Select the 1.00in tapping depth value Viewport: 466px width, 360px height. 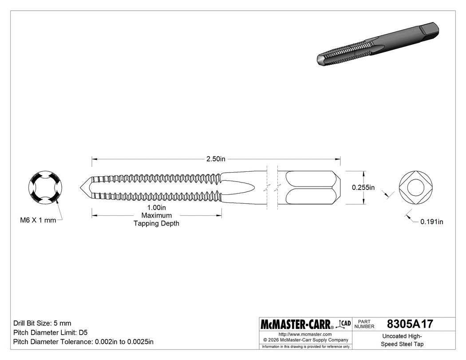[x=157, y=208]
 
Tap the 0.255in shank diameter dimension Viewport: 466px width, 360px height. [x=363, y=187]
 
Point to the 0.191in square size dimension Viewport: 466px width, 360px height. [x=431, y=222]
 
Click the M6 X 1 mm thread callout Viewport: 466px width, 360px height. [x=38, y=220]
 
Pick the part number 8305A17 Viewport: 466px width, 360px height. [x=410, y=324]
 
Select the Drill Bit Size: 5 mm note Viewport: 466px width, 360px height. [x=42, y=323]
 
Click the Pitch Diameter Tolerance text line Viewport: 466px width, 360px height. [x=83, y=342]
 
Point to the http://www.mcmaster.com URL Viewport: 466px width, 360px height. [x=305, y=334]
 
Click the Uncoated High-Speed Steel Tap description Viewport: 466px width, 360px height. [x=403, y=340]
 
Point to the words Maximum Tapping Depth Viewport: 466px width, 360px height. [x=157, y=219]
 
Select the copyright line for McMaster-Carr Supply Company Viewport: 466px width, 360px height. [x=306, y=340]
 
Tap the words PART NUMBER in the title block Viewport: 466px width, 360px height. [x=364, y=324]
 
